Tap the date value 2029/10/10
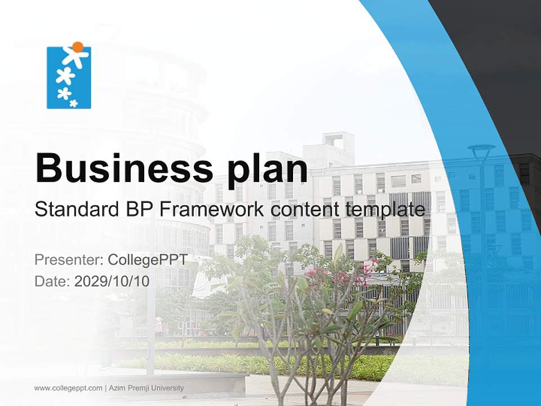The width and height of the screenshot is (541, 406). pyautogui.click(x=112, y=281)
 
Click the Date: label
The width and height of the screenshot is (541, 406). pyautogui.click(x=52, y=281)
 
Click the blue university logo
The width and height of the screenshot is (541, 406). pyautogui.click(x=69, y=77)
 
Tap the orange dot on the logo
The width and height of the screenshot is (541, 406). pyautogui.click(x=78, y=47)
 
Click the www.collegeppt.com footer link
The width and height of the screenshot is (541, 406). pyautogui.click(x=68, y=388)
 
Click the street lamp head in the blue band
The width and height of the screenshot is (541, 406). pyautogui.click(x=481, y=150)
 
